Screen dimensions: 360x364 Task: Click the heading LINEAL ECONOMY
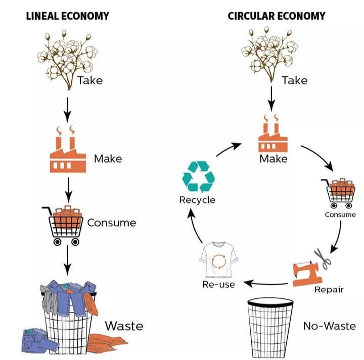67,16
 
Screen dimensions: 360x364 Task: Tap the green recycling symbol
198,176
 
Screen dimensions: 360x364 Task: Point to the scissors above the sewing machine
322,258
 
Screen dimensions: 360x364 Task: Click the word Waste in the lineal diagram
124,326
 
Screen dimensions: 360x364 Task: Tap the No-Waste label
329,326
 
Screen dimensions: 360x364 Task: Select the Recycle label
197,200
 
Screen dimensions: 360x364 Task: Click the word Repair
329,289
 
